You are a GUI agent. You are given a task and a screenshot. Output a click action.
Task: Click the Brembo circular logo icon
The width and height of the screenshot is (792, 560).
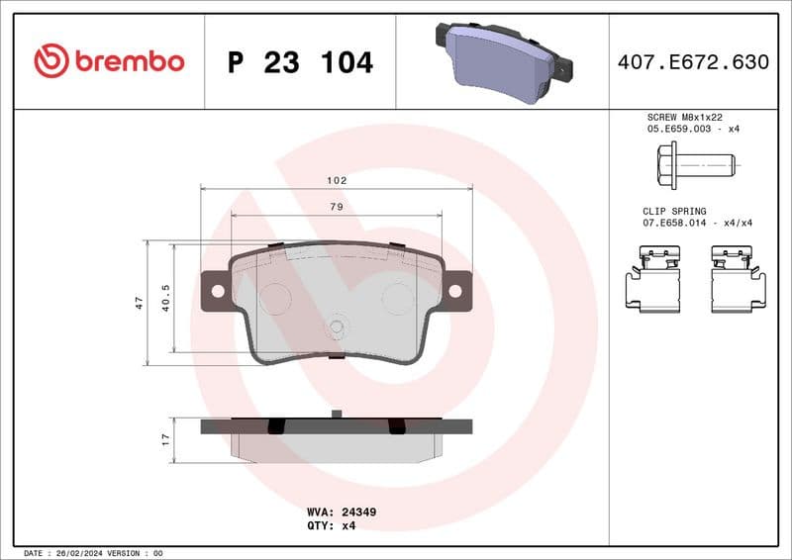(x=51, y=61)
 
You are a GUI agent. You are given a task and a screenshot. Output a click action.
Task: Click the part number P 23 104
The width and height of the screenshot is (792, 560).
(x=300, y=62)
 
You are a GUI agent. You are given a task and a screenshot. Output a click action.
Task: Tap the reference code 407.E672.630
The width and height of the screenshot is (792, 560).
(x=692, y=62)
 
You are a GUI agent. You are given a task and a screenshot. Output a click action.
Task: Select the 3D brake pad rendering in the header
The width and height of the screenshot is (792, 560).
(x=503, y=62)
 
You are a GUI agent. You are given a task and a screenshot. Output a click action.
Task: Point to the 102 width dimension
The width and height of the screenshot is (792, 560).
(x=337, y=181)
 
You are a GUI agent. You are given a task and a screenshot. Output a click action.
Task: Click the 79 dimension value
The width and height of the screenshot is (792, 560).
(x=337, y=207)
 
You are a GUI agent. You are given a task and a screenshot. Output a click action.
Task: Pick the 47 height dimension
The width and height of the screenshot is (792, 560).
(x=140, y=303)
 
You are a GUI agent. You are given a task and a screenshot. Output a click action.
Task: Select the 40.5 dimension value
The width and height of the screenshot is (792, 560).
(x=165, y=298)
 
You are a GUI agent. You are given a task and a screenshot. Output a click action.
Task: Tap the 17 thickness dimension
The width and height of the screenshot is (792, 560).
(x=165, y=436)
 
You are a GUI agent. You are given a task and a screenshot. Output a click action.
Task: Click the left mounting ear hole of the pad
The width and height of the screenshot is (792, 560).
(x=217, y=291)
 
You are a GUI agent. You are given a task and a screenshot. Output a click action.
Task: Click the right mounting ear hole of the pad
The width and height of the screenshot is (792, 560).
(x=455, y=291)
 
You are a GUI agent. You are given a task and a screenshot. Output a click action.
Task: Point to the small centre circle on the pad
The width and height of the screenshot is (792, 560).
(x=337, y=328)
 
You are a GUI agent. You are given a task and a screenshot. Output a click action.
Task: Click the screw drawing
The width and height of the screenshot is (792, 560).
(x=693, y=163)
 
